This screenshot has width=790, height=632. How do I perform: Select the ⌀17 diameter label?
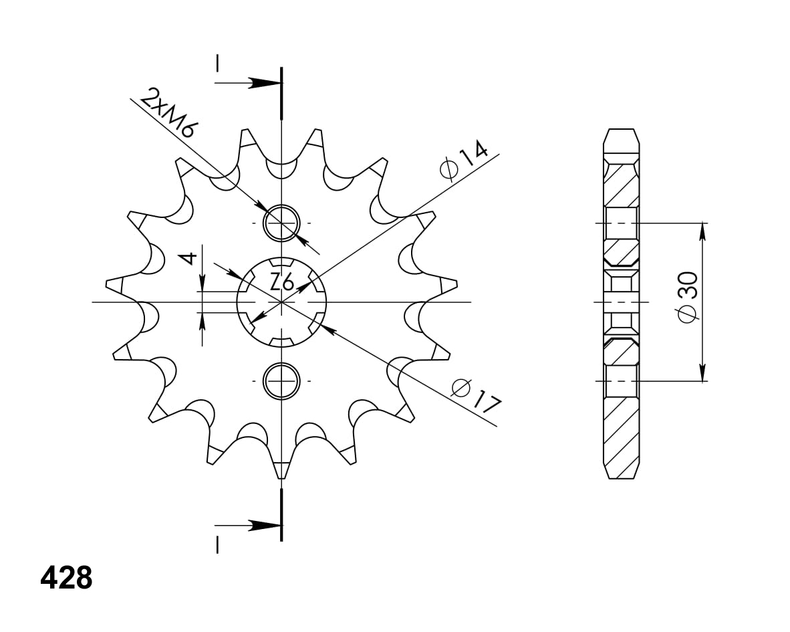(x=476, y=396)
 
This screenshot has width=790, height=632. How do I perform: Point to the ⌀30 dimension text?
(x=687, y=298)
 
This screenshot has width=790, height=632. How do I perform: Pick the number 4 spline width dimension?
(x=189, y=259)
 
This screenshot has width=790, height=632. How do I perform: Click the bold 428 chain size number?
(x=66, y=578)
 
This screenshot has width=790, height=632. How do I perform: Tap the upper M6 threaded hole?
(x=281, y=223)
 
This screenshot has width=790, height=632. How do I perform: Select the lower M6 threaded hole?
(x=281, y=381)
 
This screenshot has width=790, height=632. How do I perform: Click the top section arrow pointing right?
(x=248, y=83)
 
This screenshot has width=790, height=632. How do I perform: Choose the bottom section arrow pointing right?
(x=248, y=525)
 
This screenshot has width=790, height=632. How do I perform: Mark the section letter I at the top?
(x=217, y=62)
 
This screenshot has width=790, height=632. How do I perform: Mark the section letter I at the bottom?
(x=217, y=545)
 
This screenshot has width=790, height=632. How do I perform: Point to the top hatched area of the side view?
(x=621, y=184)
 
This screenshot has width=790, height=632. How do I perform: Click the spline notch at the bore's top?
(x=281, y=263)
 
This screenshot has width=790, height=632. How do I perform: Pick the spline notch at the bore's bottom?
(x=281, y=341)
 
